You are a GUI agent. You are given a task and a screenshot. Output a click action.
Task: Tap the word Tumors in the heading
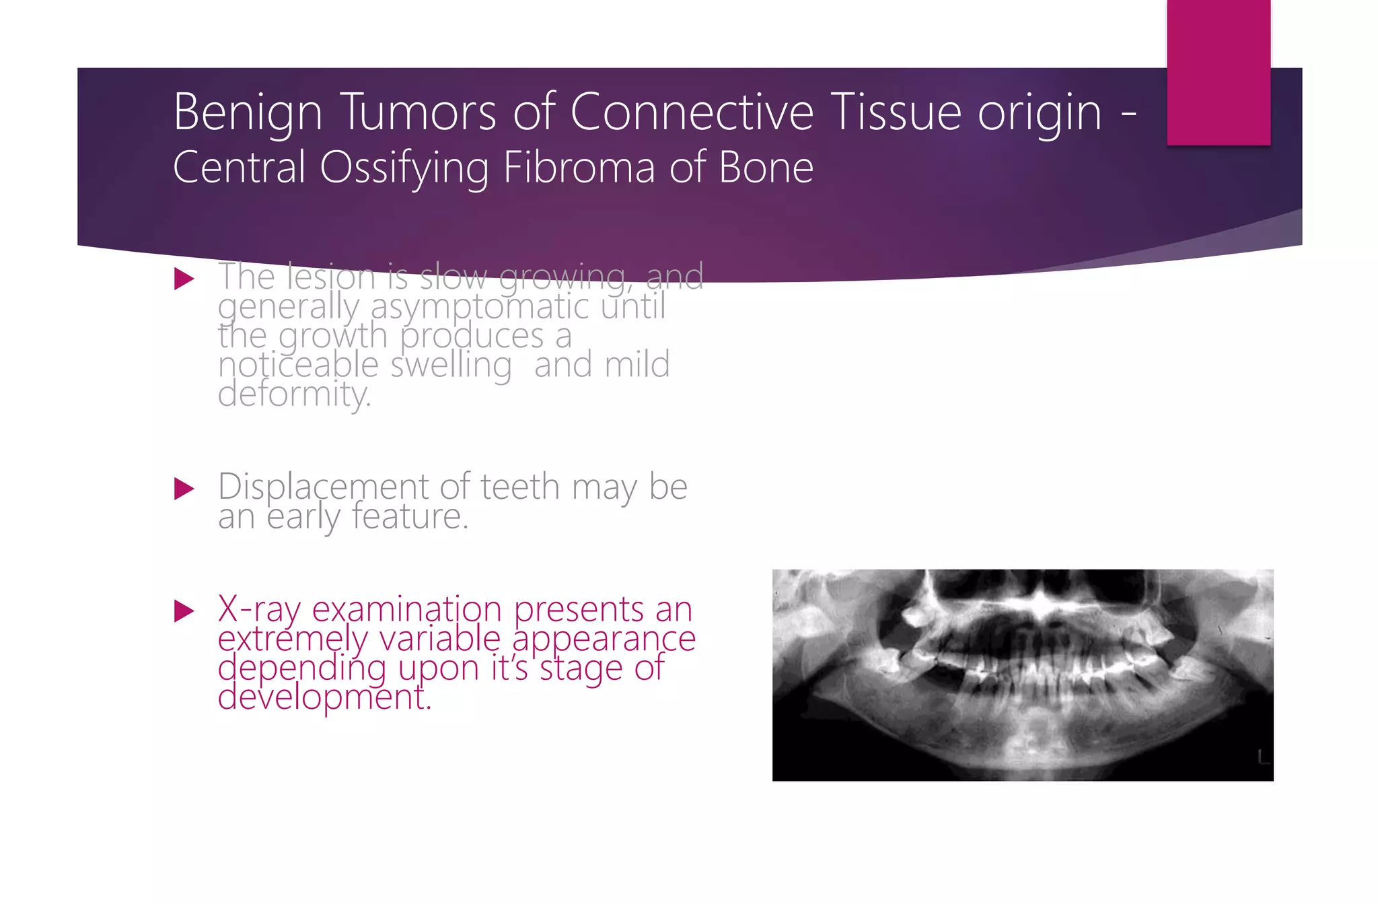point(418,112)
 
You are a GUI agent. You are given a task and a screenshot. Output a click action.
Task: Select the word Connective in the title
point(692,112)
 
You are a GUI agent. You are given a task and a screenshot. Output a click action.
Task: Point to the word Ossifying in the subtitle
point(404,168)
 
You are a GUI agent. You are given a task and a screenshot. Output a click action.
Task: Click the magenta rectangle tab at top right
point(1218,72)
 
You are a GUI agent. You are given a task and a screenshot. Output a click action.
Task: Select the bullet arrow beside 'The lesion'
point(184,279)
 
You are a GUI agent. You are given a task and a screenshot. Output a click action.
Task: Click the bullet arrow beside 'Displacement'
point(184,489)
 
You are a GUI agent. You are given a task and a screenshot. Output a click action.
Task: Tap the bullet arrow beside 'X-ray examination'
point(184,611)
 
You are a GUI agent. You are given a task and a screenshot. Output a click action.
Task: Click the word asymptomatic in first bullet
point(480,308)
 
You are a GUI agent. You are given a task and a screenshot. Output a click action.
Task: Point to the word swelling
point(451,366)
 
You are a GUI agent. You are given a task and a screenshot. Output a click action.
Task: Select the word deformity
point(294,394)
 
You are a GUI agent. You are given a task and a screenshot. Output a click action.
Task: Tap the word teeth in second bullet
point(519,487)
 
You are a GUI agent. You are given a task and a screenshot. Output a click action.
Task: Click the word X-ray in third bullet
point(258,610)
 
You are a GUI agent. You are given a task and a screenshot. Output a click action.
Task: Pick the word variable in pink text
point(439,639)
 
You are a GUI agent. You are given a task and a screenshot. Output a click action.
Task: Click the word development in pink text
point(324,697)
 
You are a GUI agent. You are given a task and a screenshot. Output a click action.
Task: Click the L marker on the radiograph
point(1263,757)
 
